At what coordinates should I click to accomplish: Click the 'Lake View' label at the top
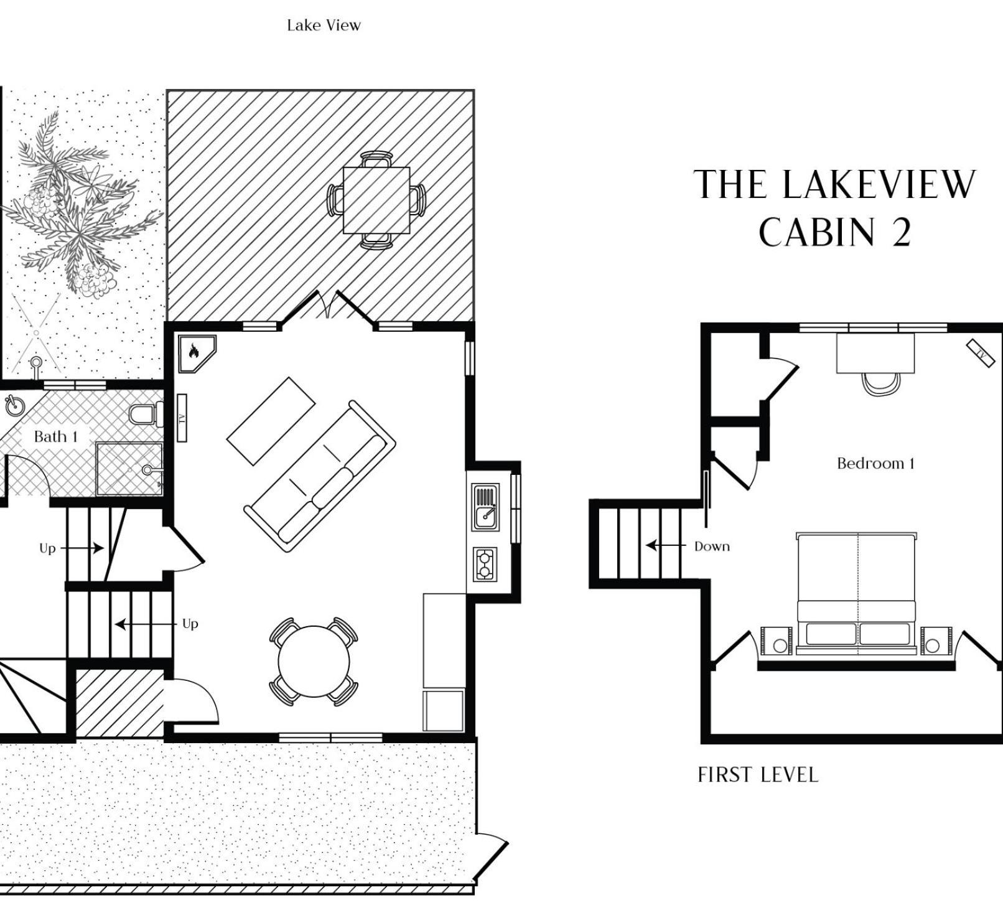tap(324, 26)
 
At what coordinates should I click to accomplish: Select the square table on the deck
tap(376, 200)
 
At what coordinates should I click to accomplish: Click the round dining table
tap(314, 662)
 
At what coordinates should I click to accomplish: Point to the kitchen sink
tap(485, 507)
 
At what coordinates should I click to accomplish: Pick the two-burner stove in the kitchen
tap(485, 565)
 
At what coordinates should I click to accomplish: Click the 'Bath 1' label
tap(56, 436)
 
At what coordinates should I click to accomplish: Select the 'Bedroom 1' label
tap(875, 463)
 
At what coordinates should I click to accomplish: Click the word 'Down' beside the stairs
tap(712, 546)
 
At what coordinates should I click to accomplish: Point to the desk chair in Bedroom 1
tap(880, 383)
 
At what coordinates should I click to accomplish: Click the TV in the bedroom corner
tap(981, 354)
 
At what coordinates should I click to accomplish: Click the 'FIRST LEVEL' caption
tap(758, 775)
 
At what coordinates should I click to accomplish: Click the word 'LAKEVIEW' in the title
tap(879, 184)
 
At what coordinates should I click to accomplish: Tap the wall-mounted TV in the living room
tap(182, 418)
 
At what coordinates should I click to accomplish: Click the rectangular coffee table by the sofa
tap(271, 421)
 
